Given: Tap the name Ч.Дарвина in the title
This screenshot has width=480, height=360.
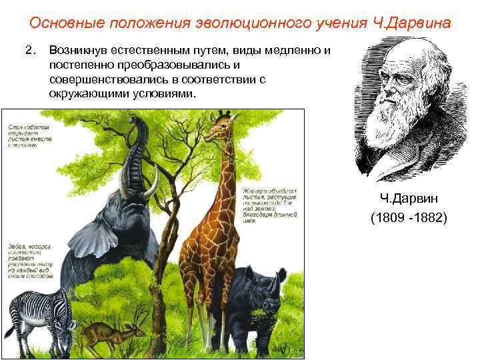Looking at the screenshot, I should click(x=416, y=23).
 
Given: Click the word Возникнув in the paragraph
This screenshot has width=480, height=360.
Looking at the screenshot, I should click(x=75, y=52).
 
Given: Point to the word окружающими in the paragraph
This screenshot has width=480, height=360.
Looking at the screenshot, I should click(x=83, y=94).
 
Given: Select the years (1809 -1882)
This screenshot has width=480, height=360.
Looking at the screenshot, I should click(x=409, y=218).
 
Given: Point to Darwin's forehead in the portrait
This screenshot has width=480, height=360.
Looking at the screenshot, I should click(x=393, y=57).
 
